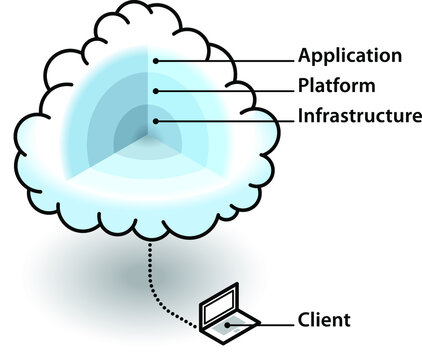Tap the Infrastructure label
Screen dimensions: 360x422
pos(359,116)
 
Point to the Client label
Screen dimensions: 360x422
pos(324,321)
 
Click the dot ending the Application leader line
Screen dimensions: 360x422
pos(155,60)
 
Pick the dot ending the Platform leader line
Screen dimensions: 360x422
pos(155,91)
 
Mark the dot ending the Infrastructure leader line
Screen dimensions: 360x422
pos(155,121)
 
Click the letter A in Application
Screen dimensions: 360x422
pos(305,55)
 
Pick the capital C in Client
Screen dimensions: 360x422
pos(304,321)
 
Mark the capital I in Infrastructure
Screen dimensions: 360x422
pos(301,116)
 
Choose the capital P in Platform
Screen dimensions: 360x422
pos(304,85)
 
